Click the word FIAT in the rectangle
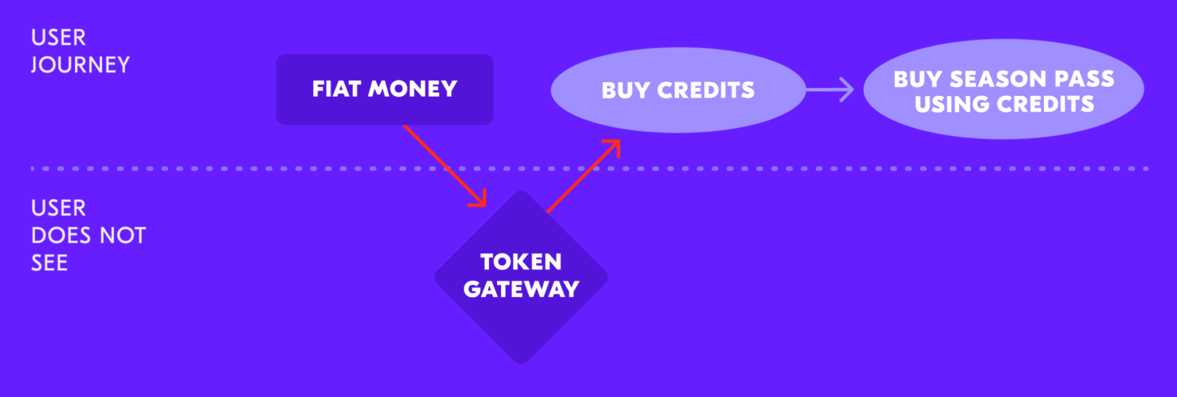(337, 89)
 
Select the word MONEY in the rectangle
(412, 89)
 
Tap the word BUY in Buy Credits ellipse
(625, 90)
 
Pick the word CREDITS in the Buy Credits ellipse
(706, 90)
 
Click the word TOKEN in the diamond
(521, 262)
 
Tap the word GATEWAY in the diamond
(521, 289)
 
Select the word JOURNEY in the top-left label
(80, 65)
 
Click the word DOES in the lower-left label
(61, 235)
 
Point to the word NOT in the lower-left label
(123, 235)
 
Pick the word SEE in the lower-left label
(49, 263)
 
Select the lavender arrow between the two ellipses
(830, 90)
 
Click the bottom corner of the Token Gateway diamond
(521, 364)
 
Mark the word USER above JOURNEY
(58, 37)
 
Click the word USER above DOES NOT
(58, 208)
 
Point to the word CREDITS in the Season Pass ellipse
(1046, 104)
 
